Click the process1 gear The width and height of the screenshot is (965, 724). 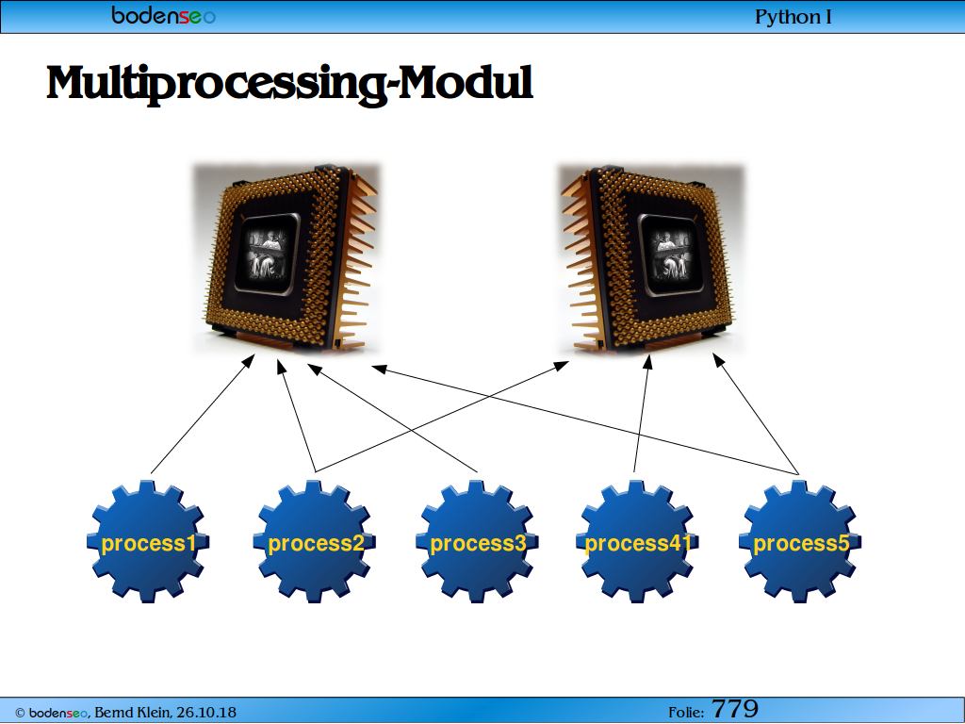click(148, 542)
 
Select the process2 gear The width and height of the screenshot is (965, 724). click(314, 542)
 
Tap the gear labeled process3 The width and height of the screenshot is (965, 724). click(477, 542)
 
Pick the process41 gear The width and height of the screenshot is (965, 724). click(637, 542)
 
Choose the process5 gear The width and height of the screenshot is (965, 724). click(800, 542)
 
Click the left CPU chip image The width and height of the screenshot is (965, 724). click(286, 258)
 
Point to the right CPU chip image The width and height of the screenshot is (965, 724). click(651, 258)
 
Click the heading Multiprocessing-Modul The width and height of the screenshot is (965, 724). click(289, 84)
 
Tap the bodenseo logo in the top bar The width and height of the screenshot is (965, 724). click(164, 15)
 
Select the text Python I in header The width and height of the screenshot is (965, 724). click(793, 17)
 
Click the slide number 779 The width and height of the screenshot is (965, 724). click(735, 709)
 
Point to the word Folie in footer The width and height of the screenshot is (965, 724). click(686, 713)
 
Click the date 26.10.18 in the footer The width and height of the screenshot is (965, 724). click(206, 713)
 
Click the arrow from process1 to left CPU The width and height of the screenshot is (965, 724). click(203, 414)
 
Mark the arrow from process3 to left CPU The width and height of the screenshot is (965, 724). click(392, 418)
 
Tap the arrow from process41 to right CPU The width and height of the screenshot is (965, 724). click(641, 414)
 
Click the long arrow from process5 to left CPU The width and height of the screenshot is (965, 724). click(585, 420)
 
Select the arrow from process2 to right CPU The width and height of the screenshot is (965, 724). click(442, 416)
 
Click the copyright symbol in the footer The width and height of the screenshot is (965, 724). click(20, 714)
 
